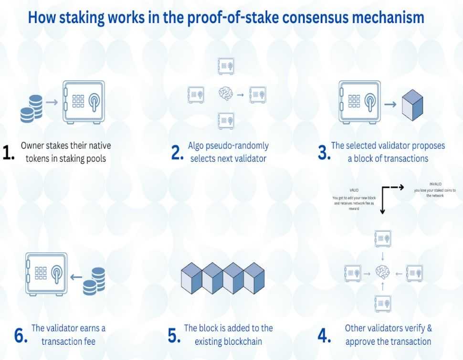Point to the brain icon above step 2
(226, 94)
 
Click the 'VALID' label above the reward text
(354, 190)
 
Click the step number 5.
(174, 336)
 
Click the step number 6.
(21, 336)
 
